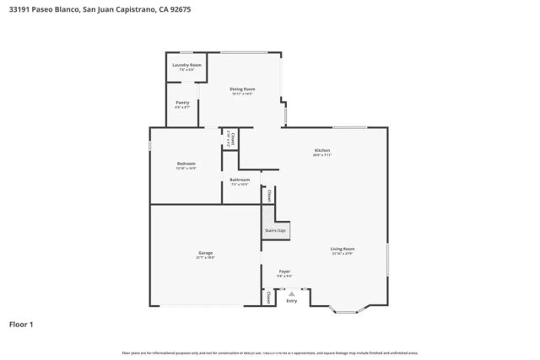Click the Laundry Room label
186,65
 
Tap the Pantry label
182,104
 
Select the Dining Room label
243,89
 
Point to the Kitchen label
322,150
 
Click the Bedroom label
186,164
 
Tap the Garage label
205,252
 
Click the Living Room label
342,249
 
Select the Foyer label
285,271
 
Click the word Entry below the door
292,301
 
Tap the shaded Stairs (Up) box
276,229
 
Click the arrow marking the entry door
292,293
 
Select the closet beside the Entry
268,298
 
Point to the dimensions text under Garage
205,257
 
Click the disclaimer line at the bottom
270,352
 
